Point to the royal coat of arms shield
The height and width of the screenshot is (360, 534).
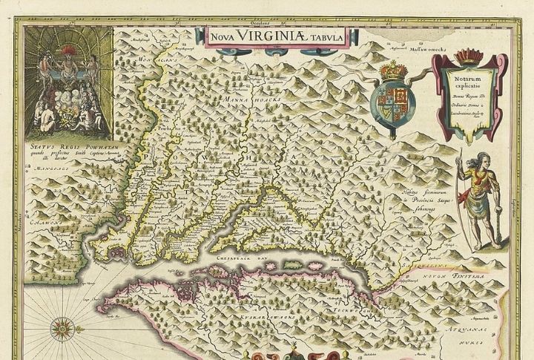pos(395,96)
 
